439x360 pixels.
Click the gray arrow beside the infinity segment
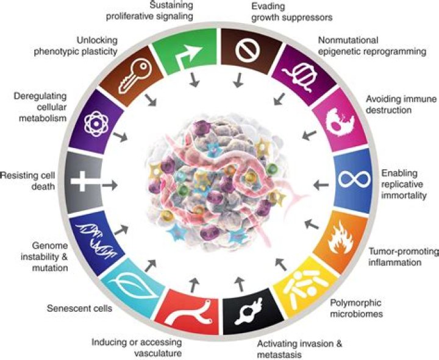click(316, 182)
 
